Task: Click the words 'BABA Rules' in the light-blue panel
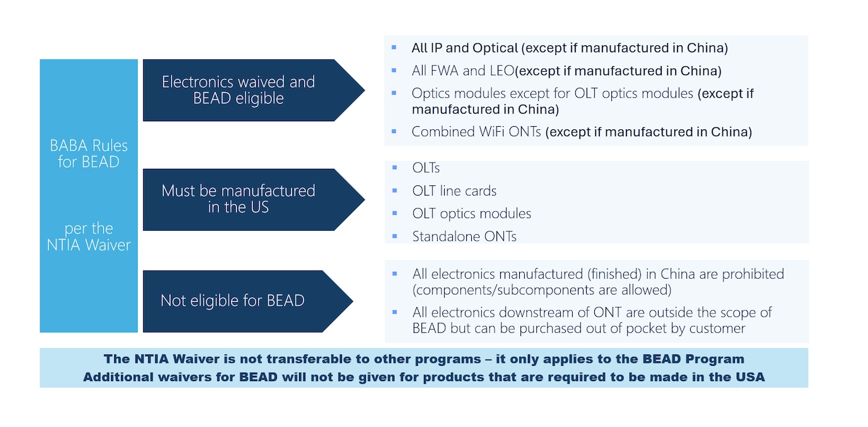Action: click(x=89, y=146)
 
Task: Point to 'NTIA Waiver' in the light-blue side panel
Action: click(x=89, y=245)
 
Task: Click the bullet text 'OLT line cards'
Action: click(x=454, y=190)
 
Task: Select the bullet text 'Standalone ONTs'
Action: click(x=464, y=237)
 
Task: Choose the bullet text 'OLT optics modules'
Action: click(x=472, y=213)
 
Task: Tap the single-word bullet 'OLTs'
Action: click(x=426, y=168)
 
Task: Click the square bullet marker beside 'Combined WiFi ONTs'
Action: click(x=394, y=131)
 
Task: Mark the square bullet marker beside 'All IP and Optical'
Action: click(x=394, y=47)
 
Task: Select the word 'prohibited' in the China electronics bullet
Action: click(x=753, y=274)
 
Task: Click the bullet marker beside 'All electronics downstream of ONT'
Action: click(x=395, y=312)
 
